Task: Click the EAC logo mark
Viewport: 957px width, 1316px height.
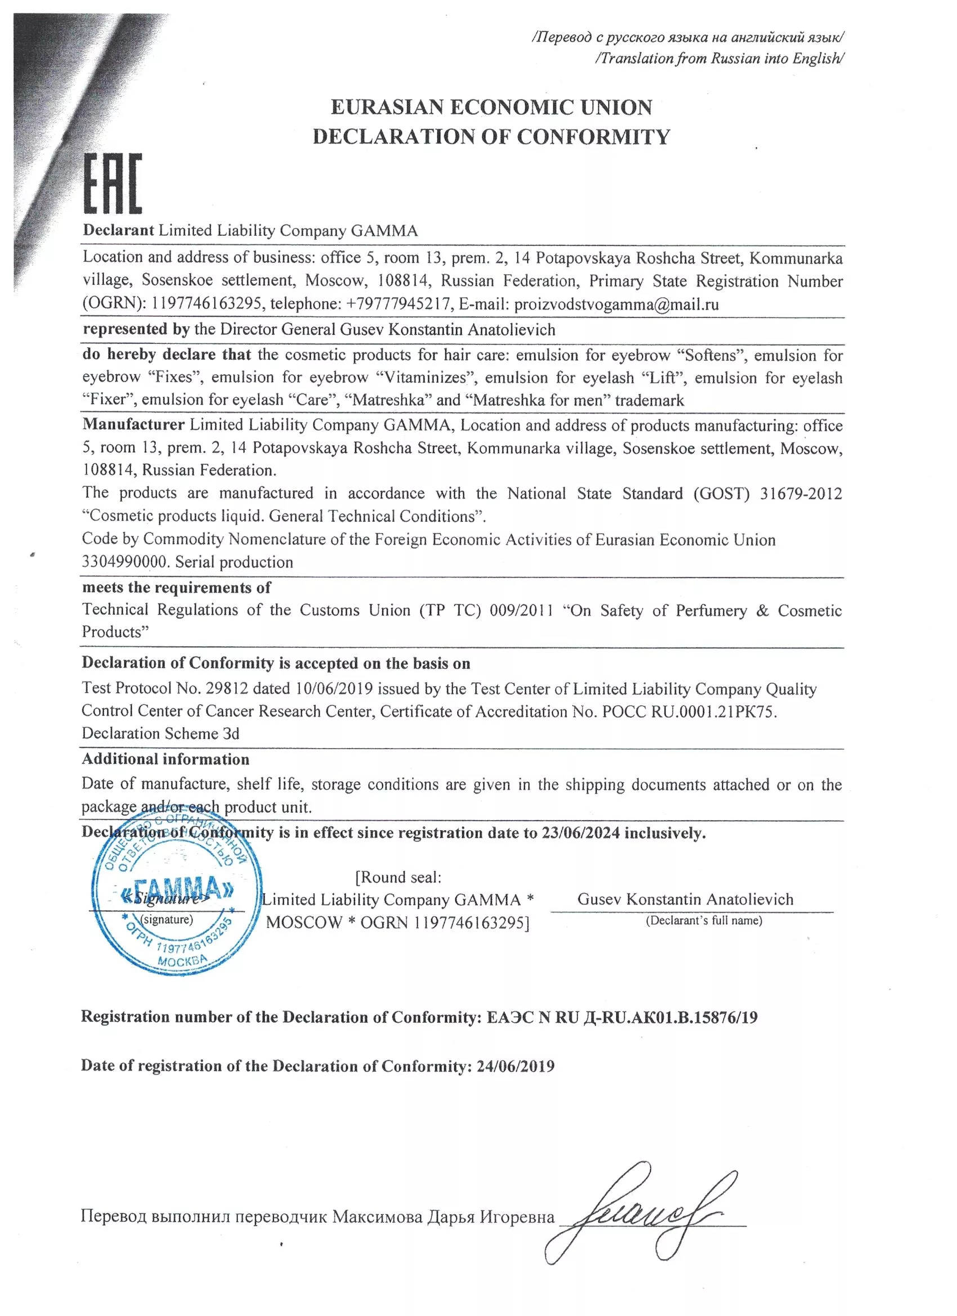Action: click(113, 183)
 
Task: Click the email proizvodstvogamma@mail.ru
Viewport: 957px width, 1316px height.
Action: click(616, 305)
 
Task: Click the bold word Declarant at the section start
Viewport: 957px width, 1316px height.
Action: click(118, 230)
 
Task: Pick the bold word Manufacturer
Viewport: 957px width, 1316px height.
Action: click(133, 425)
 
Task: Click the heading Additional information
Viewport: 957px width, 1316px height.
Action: click(166, 759)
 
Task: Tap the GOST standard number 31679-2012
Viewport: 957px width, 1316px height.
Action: click(801, 493)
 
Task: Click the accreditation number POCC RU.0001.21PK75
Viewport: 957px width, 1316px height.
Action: click(689, 711)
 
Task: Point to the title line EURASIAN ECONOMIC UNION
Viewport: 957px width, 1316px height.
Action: click(491, 108)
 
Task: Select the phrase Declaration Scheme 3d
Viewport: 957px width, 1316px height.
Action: click(160, 733)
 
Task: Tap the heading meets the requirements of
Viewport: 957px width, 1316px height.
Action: click(176, 587)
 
